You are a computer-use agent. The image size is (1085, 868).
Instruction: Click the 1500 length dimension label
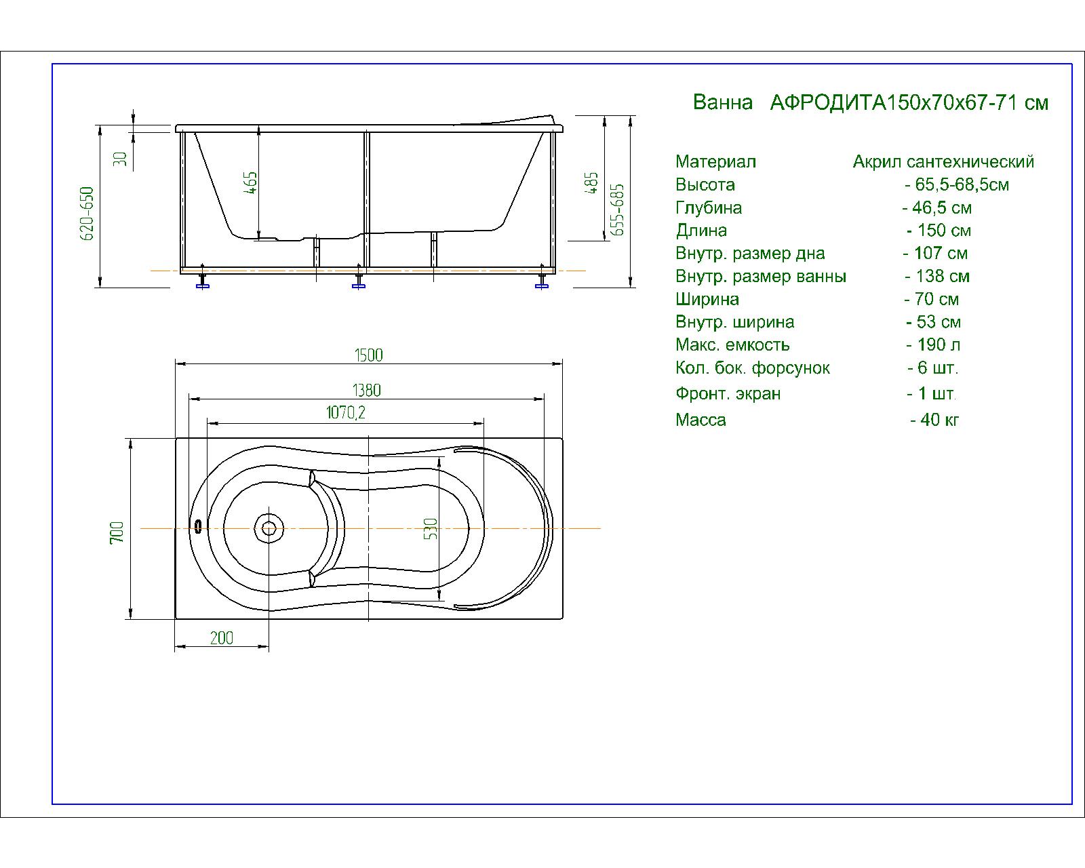(x=368, y=355)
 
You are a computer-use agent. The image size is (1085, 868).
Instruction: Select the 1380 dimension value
(x=367, y=391)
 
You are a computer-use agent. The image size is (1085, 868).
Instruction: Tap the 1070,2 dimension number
(x=345, y=412)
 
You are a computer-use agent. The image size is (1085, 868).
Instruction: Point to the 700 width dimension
(x=117, y=532)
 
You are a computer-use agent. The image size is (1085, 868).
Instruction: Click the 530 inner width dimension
(x=431, y=528)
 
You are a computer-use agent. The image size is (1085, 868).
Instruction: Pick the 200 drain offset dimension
(x=221, y=638)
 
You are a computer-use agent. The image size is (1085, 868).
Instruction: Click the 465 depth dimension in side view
(x=251, y=182)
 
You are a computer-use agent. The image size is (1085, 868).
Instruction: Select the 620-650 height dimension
(x=87, y=214)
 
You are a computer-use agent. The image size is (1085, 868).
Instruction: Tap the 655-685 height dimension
(x=616, y=210)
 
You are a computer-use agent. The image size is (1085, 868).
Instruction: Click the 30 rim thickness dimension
(x=119, y=159)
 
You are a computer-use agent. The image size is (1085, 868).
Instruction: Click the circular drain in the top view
(x=269, y=528)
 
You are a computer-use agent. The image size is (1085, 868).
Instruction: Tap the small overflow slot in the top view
(x=198, y=526)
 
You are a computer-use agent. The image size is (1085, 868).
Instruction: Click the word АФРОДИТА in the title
(x=828, y=103)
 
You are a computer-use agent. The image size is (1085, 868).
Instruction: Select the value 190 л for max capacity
(x=933, y=345)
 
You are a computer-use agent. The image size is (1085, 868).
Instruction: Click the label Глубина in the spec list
(x=709, y=208)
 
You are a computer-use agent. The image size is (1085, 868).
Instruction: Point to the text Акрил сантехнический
(x=943, y=161)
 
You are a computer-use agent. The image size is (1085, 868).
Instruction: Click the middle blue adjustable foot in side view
(x=359, y=281)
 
